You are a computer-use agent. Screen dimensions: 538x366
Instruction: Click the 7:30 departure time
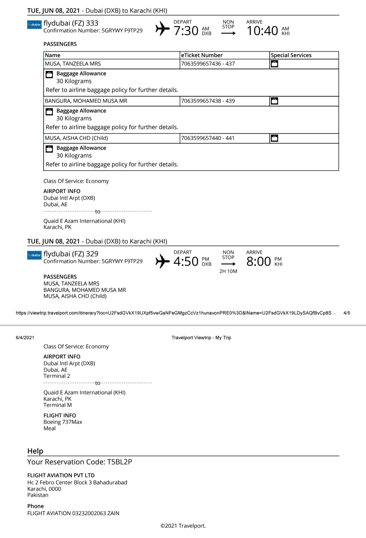pyautogui.click(x=186, y=31)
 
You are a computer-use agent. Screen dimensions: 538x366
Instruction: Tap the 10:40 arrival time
pyautogui.click(x=262, y=31)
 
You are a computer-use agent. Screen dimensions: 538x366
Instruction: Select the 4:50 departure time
pyautogui.click(x=186, y=262)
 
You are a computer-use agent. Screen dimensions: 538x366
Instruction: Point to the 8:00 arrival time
pyautogui.click(x=259, y=262)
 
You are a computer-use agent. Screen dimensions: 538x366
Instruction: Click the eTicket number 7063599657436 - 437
pyautogui.click(x=208, y=64)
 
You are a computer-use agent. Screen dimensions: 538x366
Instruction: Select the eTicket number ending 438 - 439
pyautogui.click(x=208, y=101)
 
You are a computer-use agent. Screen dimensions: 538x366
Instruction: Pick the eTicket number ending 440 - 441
pyautogui.click(x=208, y=138)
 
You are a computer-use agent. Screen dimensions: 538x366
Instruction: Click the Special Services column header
pyautogui.click(x=291, y=55)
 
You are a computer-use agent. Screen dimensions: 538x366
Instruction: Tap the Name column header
pyautogui.click(x=53, y=55)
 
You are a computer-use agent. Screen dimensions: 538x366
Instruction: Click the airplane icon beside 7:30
pyautogui.click(x=162, y=29)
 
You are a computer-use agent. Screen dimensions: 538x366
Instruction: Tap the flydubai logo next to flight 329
pyautogui.click(x=34, y=255)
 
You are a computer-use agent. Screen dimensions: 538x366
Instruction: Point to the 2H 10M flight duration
pyautogui.click(x=228, y=271)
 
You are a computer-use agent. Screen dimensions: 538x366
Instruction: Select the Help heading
pyautogui.click(x=35, y=451)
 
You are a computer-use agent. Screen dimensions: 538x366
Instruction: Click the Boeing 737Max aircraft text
pyautogui.click(x=63, y=422)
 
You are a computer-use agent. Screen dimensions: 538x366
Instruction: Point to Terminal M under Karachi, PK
pyautogui.click(x=57, y=405)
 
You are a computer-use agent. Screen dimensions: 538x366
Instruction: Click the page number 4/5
pyautogui.click(x=347, y=313)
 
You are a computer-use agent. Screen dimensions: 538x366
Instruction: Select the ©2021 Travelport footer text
pyautogui.click(x=183, y=526)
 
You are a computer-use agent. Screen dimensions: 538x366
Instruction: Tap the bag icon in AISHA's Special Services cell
pyautogui.click(x=274, y=138)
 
